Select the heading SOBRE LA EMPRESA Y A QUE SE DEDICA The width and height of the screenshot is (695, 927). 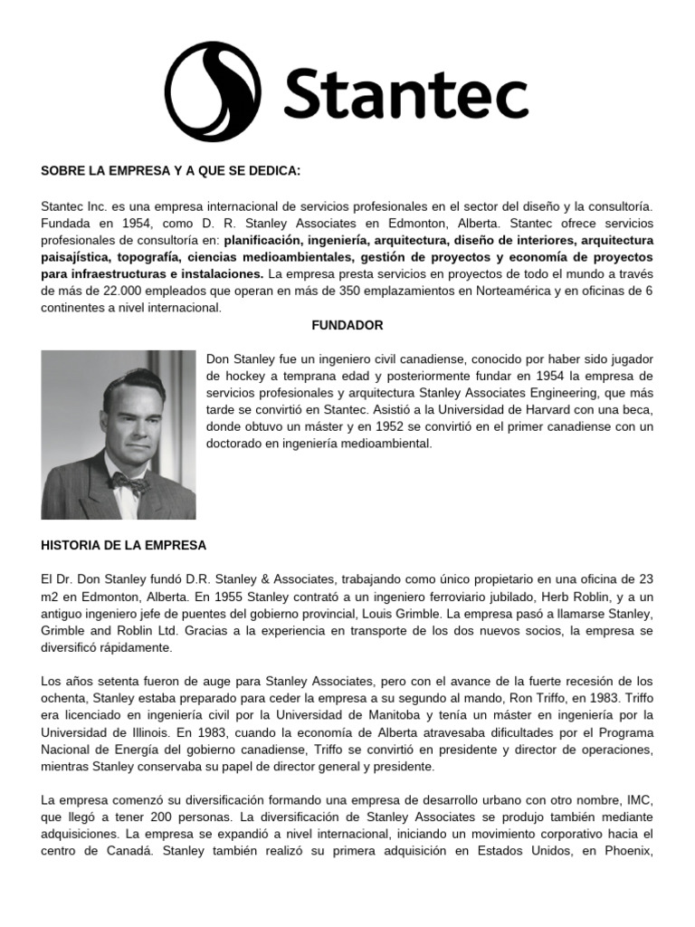[170, 172]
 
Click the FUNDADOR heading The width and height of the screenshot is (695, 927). [347, 324]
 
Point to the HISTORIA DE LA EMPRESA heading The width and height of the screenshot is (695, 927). [124, 545]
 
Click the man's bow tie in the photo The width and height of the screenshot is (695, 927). [128, 483]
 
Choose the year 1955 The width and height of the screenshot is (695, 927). [220, 597]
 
